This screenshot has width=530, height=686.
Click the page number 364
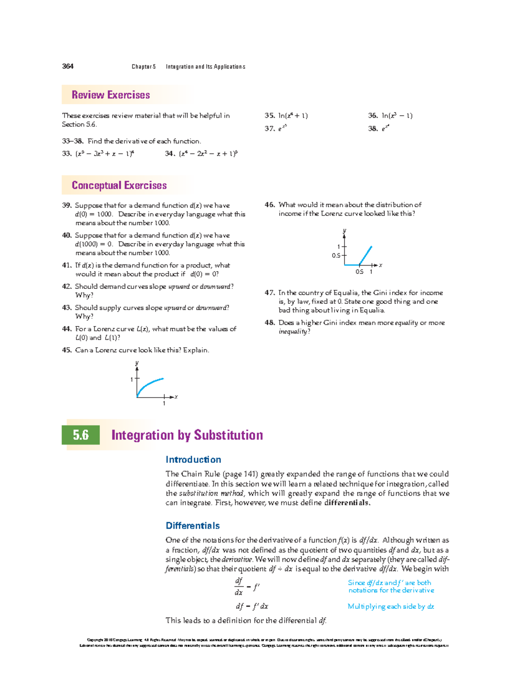tap(68, 66)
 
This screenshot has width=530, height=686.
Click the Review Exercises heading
tap(110, 95)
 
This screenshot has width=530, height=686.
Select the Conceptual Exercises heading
tap(119, 186)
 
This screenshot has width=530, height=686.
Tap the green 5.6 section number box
tap(81, 435)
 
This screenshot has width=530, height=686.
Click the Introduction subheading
tap(193, 459)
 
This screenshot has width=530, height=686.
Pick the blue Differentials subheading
tap(193, 526)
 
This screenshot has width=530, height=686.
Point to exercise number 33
tap(67, 154)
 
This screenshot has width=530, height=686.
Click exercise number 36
tap(373, 116)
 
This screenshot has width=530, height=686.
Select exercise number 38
tap(373, 129)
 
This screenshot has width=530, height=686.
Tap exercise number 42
tap(67, 286)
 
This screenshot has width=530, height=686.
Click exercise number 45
tap(67, 350)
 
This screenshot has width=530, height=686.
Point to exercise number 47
tap(269, 292)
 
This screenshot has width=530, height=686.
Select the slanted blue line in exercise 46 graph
tap(366, 255)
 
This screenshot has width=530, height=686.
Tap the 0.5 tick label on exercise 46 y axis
tap(336, 255)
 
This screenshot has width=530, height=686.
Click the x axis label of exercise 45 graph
tap(176, 397)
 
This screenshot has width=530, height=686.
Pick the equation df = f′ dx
tap(252, 606)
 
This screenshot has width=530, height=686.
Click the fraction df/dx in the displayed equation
tap(239, 587)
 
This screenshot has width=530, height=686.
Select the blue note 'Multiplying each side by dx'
tap(390, 606)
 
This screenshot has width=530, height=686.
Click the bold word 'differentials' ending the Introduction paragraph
tap(347, 503)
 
